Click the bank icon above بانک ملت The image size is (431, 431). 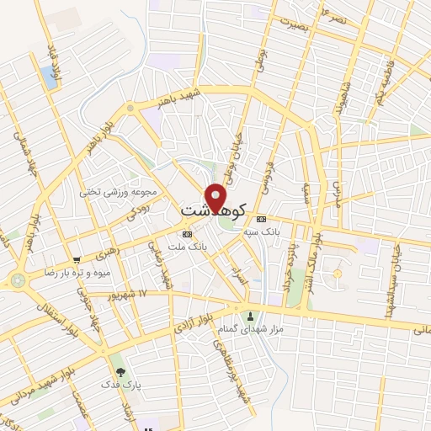[187, 233]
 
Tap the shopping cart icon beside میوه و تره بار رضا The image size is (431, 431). [77, 261]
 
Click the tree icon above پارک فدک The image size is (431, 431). [120, 371]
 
